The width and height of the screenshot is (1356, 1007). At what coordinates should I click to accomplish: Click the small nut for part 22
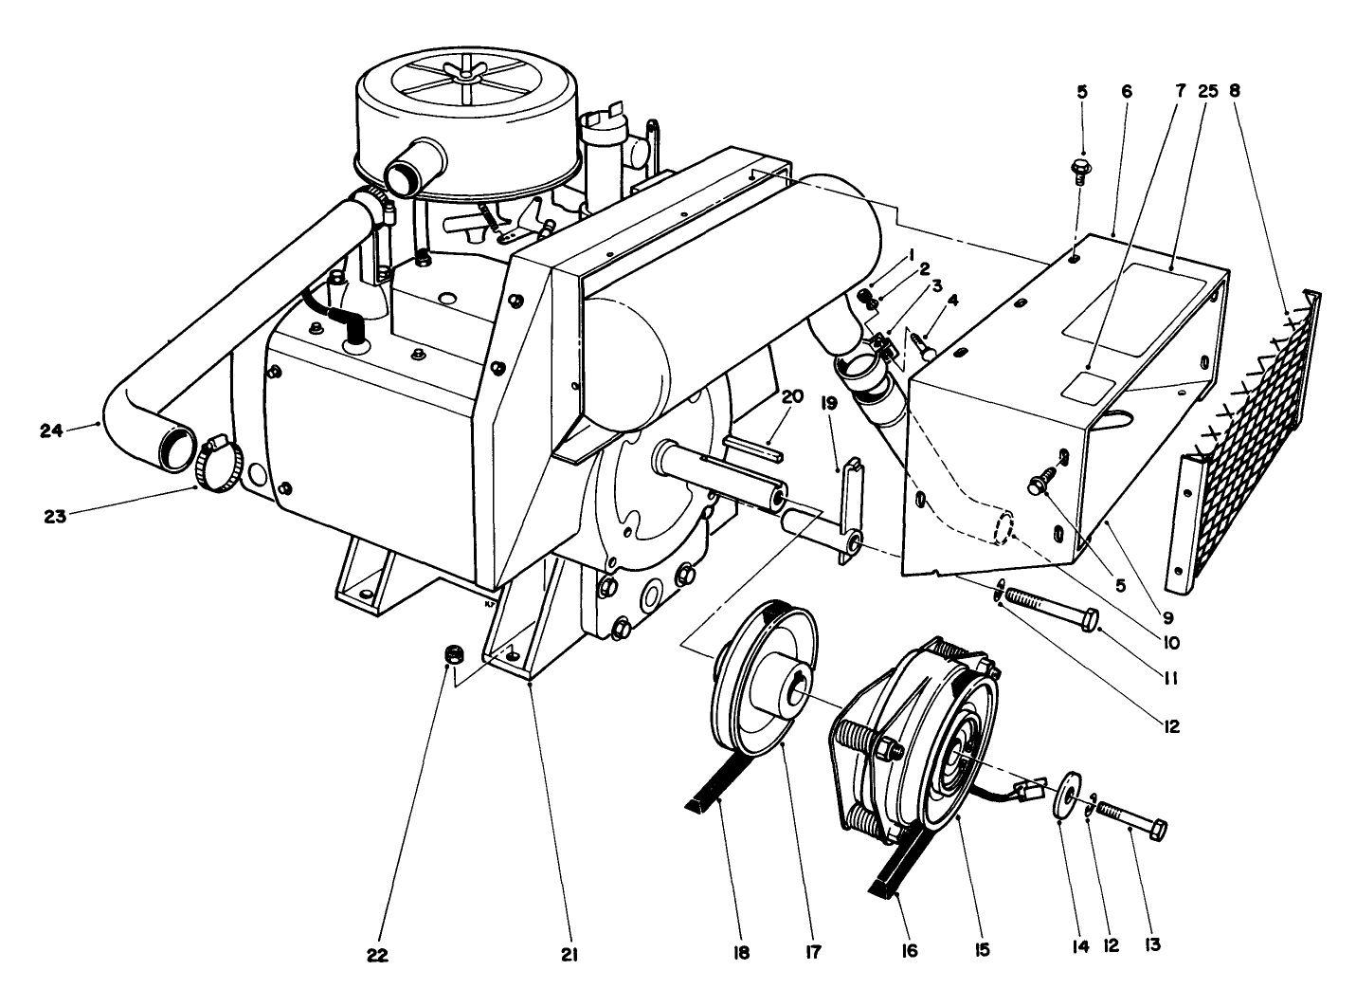pos(454,655)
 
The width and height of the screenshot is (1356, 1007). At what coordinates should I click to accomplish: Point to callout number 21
pos(569,952)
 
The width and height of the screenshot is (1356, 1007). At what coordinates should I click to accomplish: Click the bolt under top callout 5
pos(1082,169)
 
